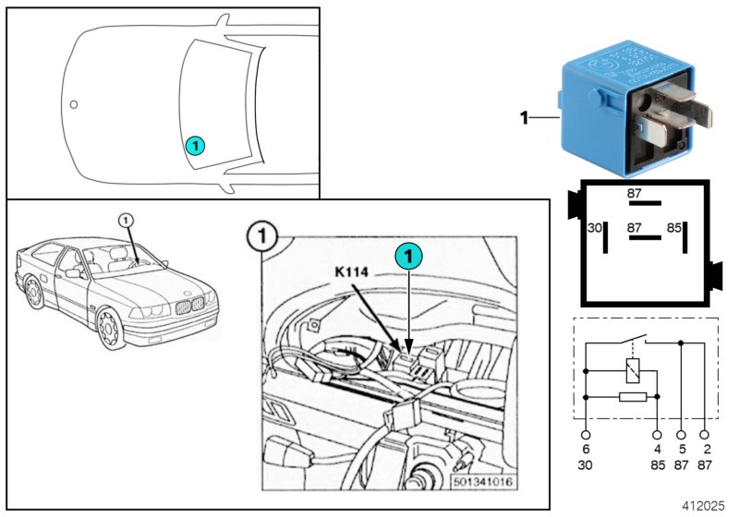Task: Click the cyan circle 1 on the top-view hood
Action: [x=194, y=145]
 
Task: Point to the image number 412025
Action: [x=704, y=506]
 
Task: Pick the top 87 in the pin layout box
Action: [x=635, y=194]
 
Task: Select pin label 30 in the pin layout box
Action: [x=596, y=227]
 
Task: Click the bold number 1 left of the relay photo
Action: [x=524, y=118]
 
